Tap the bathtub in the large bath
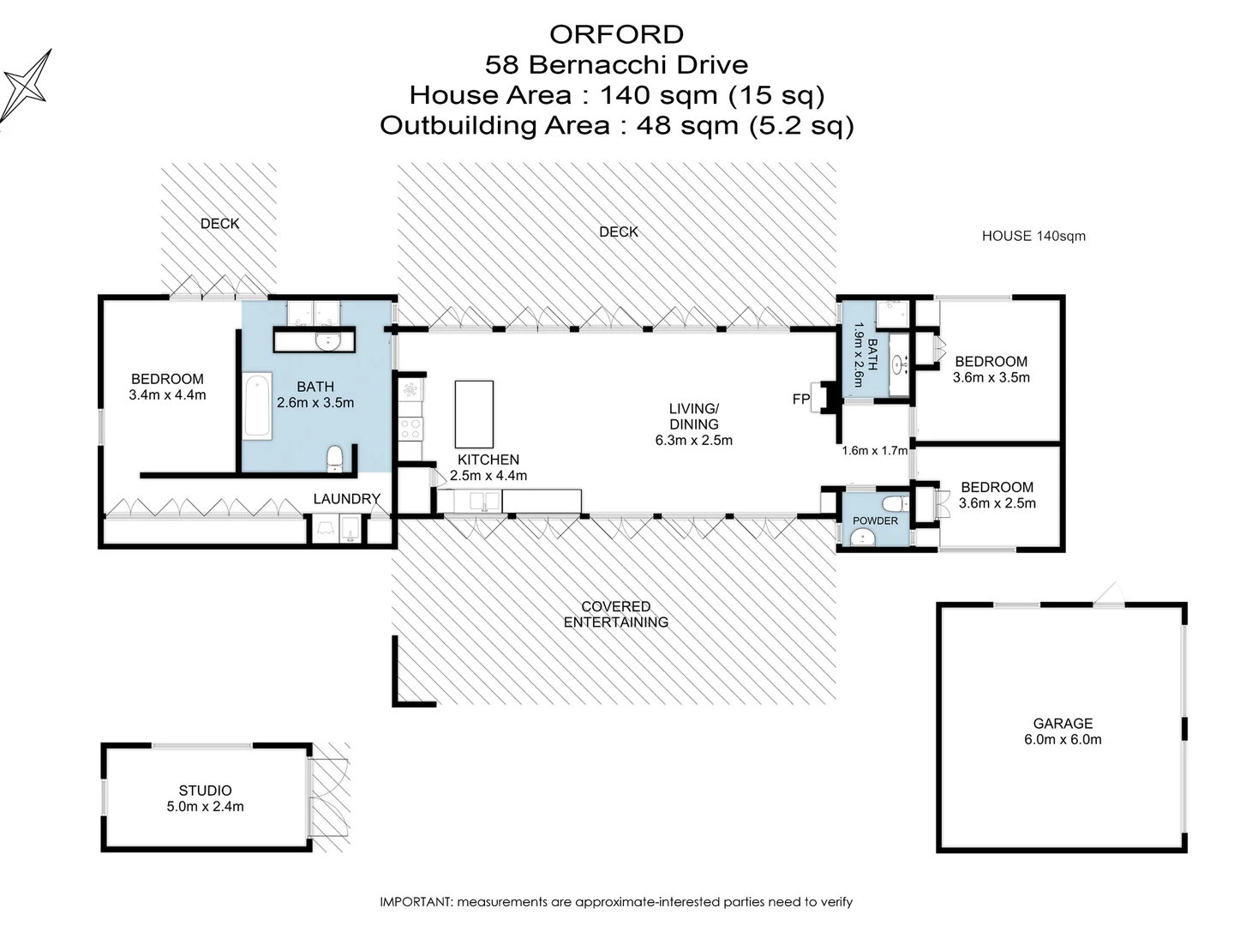pyautogui.click(x=257, y=406)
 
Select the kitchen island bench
pyautogui.click(x=474, y=414)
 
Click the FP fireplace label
pyautogui.click(x=801, y=400)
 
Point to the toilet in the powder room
pyautogui.click(x=895, y=503)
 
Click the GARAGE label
pyautogui.click(x=1063, y=723)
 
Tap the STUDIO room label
pyautogui.click(x=205, y=790)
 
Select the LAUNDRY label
pyautogui.click(x=347, y=499)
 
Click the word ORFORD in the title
pyautogui.click(x=616, y=34)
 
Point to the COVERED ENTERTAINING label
pyautogui.click(x=616, y=614)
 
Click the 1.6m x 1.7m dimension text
pyautogui.click(x=875, y=450)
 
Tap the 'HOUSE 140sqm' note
pyautogui.click(x=1033, y=236)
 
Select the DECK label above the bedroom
pyautogui.click(x=220, y=224)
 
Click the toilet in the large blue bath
pyautogui.click(x=334, y=458)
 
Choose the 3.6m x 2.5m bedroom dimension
pyautogui.click(x=997, y=503)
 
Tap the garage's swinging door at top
pyautogui.click(x=1109, y=595)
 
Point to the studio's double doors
pyautogui.click(x=328, y=797)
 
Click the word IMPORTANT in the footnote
pyautogui.click(x=416, y=902)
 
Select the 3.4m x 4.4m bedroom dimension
pyautogui.click(x=167, y=395)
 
